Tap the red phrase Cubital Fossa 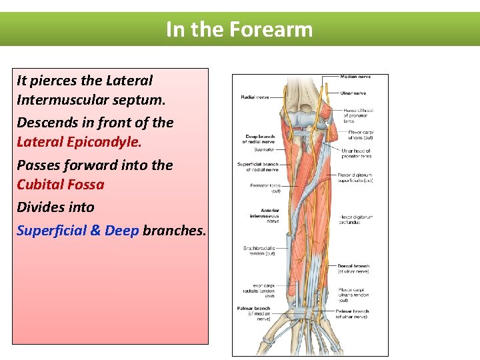[60, 185]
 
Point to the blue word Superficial [51, 231]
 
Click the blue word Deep [121, 231]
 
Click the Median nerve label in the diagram [355, 77]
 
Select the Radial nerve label [255, 97]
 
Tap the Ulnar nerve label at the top [353, 93]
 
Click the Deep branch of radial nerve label [259, 139]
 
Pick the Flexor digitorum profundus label [355, 219]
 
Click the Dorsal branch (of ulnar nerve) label [353, 268]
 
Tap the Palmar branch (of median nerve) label [253, 311]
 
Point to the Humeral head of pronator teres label [357, 115]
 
